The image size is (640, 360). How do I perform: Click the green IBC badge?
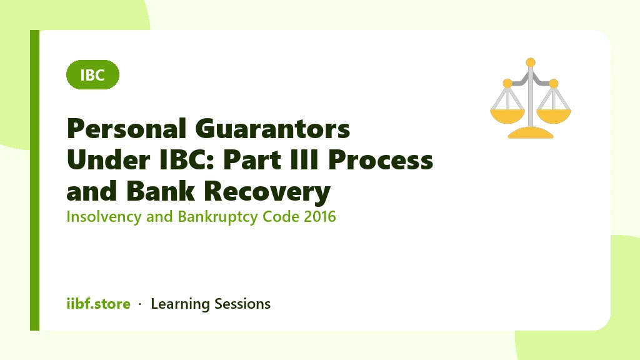[x=92, y=75]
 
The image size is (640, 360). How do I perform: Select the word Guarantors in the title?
[x=272, y=129]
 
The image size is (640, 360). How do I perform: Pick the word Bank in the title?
[x=161, y=191]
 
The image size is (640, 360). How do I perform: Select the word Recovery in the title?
[x=267, y=192]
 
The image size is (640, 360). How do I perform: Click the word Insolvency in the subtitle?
[x=104, y=217]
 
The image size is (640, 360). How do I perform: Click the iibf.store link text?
[x=98, y=304]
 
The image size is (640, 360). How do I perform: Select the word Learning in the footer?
[x=180, y=304]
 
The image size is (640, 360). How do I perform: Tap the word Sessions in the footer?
[x=242, y=304]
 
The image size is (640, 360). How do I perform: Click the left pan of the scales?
[x=507, y=116]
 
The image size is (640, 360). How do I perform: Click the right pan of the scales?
[x=554, y=116]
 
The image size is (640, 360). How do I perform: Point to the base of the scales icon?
[x=531, y=133]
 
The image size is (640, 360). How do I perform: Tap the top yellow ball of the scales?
[x=531, y=62]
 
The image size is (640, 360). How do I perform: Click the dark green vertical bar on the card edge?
[x=35, y=180]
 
